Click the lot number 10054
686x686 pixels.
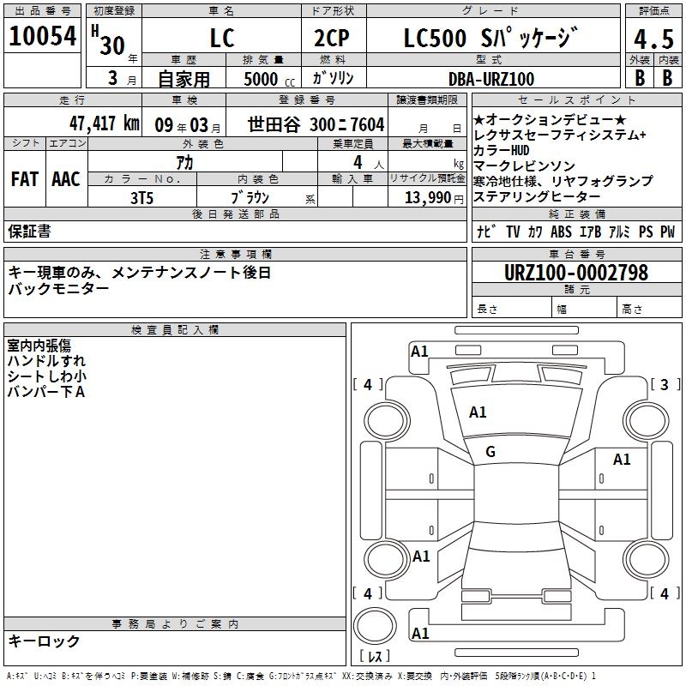[42, 35]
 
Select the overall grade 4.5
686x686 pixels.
[653, 39]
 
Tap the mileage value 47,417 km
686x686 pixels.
[104, 123]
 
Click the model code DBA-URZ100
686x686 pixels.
[491, 79]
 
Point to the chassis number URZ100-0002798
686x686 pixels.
[576, 273]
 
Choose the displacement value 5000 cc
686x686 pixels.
[269, 79]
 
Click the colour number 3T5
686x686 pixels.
[141, 198]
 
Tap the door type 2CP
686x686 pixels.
[332, 38]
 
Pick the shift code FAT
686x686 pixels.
[25, 179]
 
